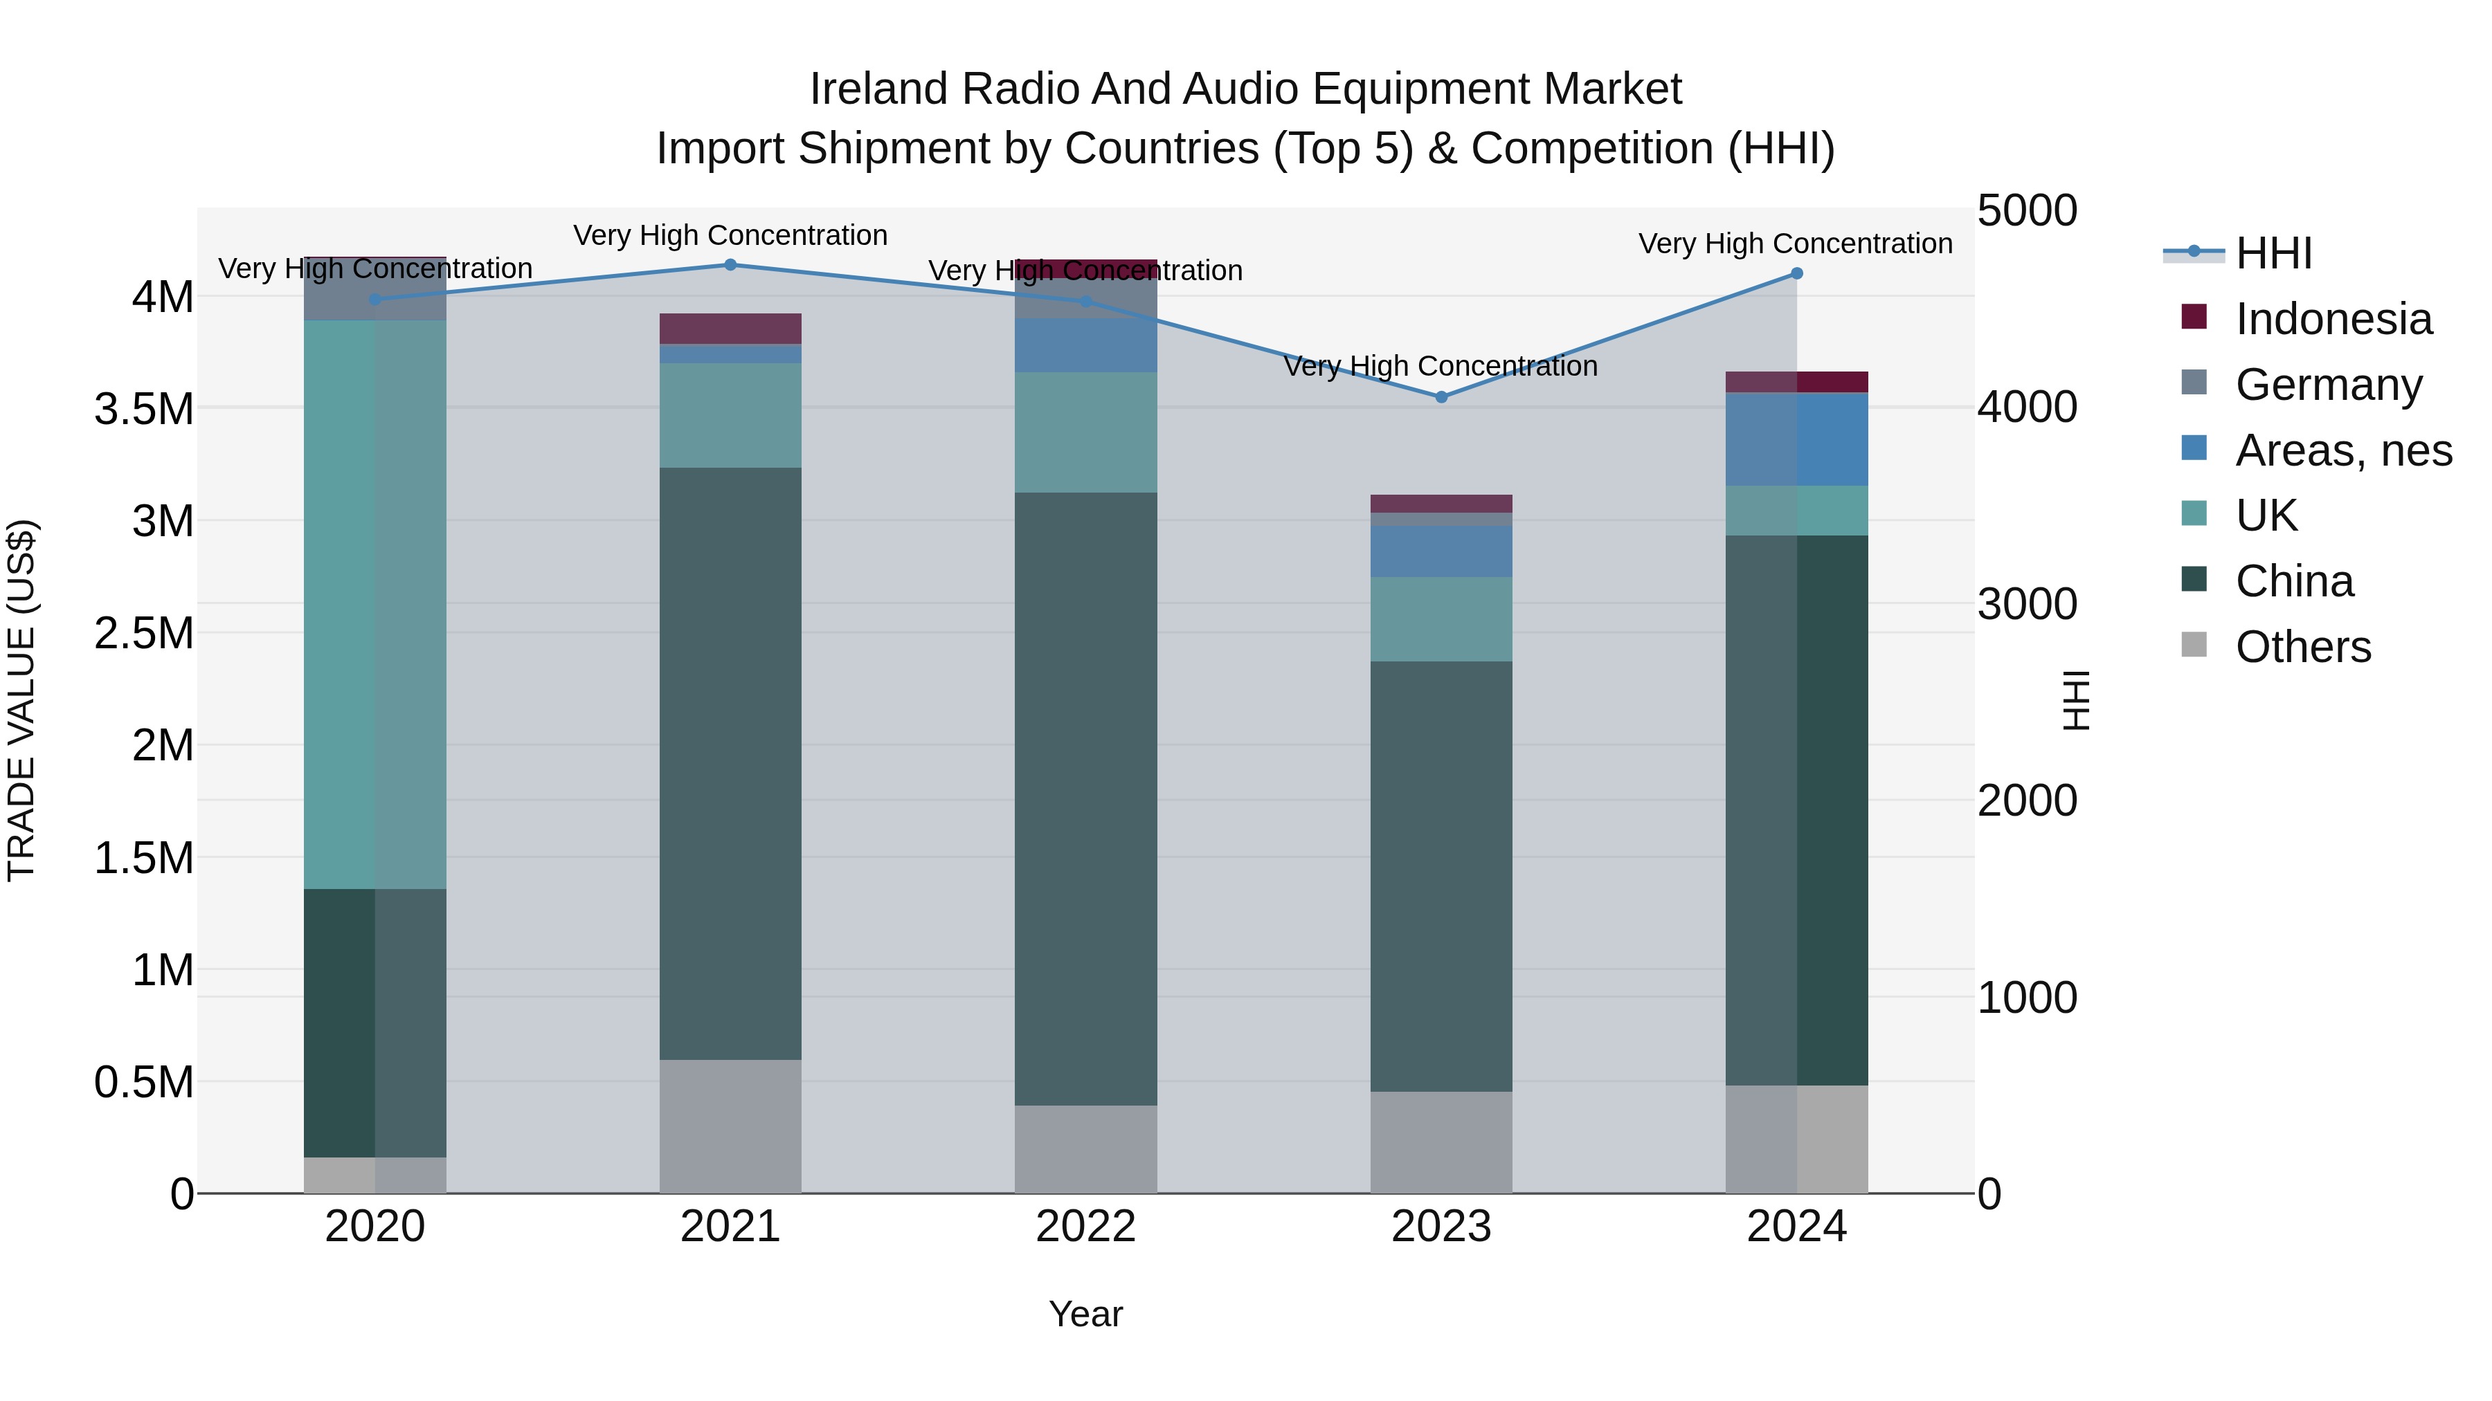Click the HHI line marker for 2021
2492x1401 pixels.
click(x=730, y=265)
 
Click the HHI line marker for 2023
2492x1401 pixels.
click(x=1441, y=397)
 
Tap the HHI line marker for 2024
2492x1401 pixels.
click(x=1796, y=273)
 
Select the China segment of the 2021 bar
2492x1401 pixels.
click(x=730, y=764)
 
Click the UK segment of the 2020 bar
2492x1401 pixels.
click(x=374, y=604)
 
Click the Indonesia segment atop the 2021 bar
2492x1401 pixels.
click(x=730, y=329)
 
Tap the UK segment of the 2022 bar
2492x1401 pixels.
click(x=1085, y=432)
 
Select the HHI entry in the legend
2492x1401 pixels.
click(x=2273, y=253)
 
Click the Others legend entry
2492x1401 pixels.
click(x=2302, y=647)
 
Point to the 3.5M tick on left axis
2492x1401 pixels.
click(x=144, y=409)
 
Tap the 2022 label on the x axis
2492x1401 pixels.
click(x=1085, y=1227)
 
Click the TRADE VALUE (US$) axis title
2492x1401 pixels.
click(x=21, y=700)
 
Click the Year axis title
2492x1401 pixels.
click(x=1085, y=1314)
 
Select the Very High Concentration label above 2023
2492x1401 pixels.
click(x=1441, y=367)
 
